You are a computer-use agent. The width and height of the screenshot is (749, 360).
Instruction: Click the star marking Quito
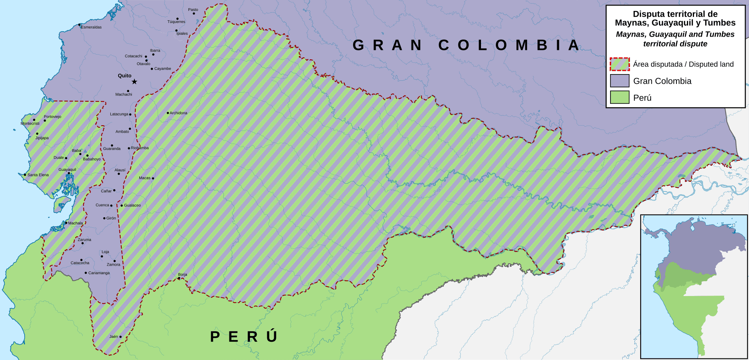(x=134, y=82)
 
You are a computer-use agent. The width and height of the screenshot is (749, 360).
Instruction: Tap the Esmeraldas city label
(x=91, y=27)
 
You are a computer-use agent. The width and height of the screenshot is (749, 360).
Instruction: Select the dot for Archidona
(x=168, y=113)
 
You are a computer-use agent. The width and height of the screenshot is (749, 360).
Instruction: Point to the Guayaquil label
(x=67, y=170)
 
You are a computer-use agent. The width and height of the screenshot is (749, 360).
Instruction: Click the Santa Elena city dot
(x=25, y=175)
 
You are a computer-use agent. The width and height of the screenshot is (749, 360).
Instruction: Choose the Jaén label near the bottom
(x=114, y=337)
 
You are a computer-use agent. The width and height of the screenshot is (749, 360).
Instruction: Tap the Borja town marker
(x=179, y=278)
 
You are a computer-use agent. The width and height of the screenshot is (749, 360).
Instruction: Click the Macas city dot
(x=153, y=178)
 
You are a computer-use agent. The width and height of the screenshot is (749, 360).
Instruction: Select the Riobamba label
(x=140, y=148)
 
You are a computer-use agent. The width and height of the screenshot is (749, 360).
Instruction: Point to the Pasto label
(x=193, y=10)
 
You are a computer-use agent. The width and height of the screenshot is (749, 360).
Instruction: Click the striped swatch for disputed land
(x=619, y=64)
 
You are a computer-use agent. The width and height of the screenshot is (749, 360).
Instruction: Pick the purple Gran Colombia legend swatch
(x=619, y=81)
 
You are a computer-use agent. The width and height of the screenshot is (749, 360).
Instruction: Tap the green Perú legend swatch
(x=619, y=97)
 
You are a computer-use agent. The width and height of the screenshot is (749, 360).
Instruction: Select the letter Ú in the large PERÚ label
(x=272, y=336)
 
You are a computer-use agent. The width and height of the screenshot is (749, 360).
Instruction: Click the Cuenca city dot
(x=111, y=206)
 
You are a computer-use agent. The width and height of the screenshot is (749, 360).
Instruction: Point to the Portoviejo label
(x=52, y=117)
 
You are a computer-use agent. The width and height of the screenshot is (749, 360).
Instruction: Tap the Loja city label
(x=105, y=252)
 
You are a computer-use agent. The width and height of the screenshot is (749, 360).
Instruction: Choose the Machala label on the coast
(x=75, y=223)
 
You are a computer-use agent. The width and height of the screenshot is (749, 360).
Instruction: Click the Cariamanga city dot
(x=86, y=273)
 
